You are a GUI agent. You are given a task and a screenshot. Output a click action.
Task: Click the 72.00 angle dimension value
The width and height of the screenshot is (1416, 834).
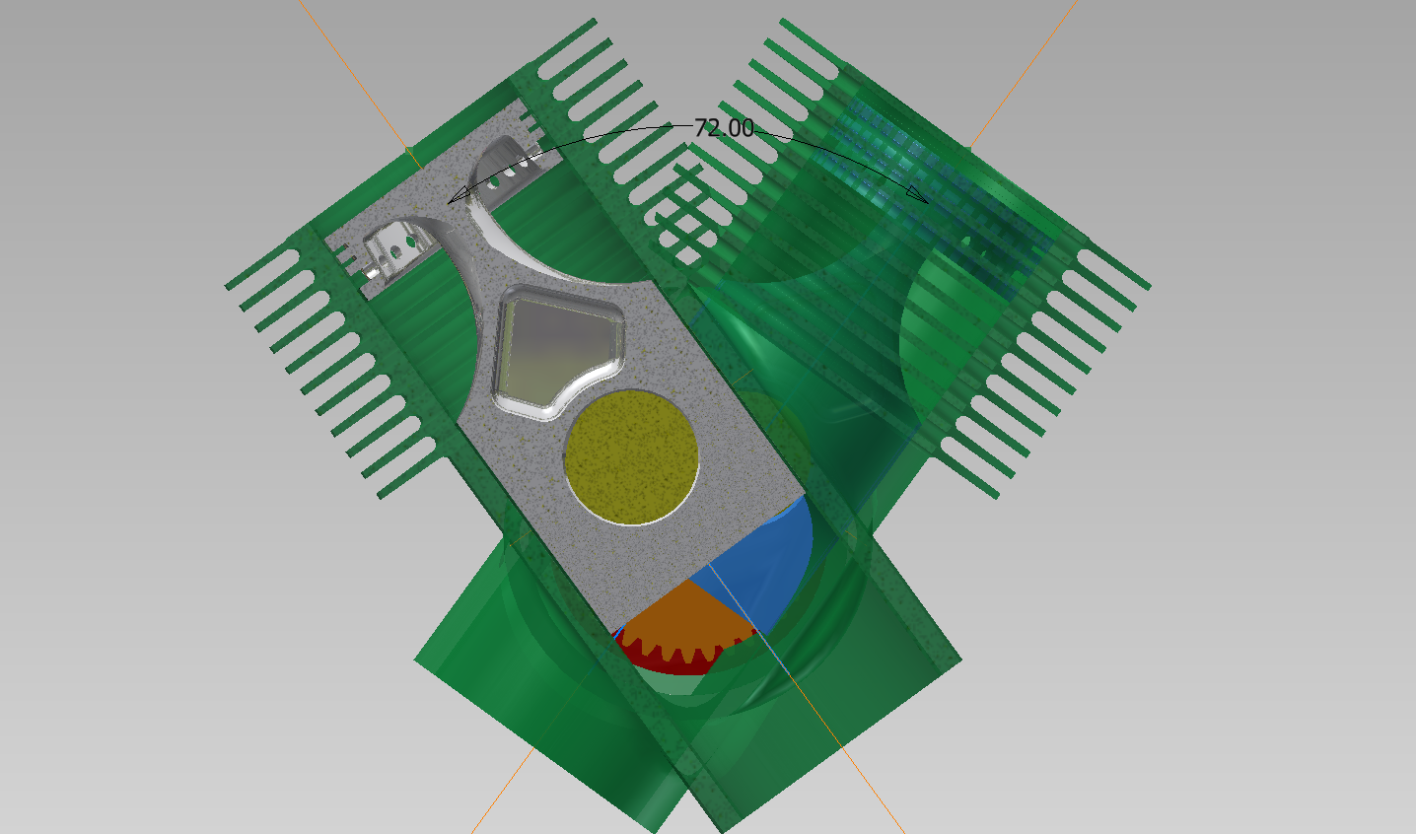724,127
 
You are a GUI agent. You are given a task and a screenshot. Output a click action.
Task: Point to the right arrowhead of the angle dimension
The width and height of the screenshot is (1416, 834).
918,194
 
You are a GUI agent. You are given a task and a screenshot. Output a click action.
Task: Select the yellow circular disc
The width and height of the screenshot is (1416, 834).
631,457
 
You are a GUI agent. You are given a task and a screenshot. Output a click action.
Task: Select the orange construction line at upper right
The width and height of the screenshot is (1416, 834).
1025,73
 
